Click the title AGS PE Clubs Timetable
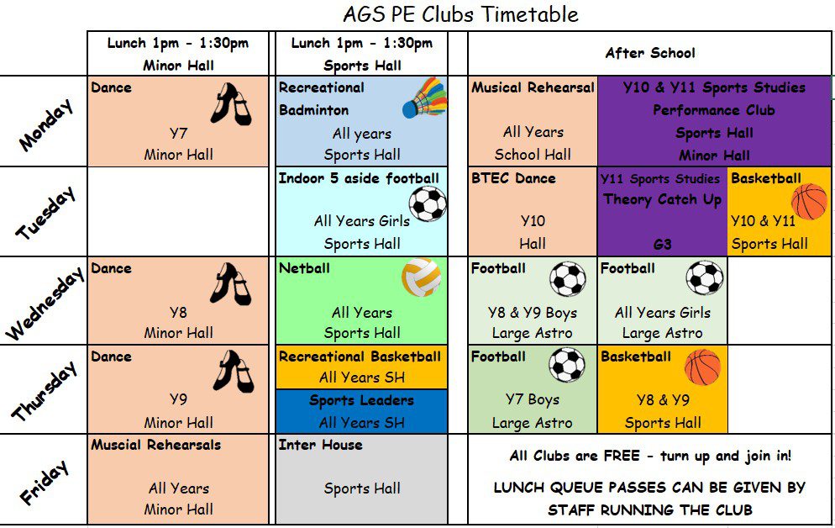460,14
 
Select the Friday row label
44,483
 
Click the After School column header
649,53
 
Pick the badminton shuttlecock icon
423,99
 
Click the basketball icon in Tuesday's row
809,202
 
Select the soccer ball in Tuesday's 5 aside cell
428,203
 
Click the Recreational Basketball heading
360,356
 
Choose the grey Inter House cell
361,479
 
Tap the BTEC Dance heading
513,178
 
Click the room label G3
662,244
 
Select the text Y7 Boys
532,399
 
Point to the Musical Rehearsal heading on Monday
533,87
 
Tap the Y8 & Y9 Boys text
532,312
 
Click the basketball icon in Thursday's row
702,367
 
